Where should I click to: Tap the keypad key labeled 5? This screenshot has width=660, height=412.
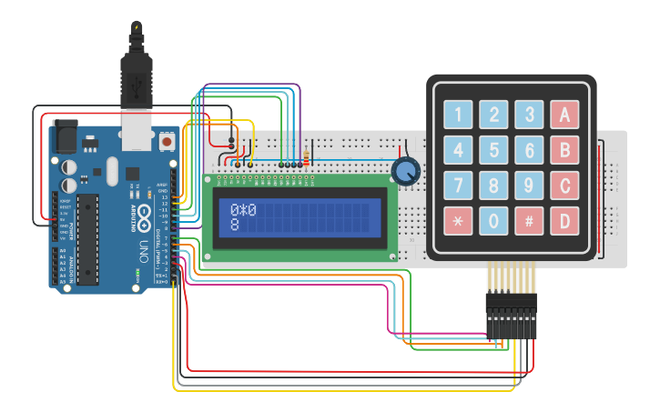[x=493, y=149]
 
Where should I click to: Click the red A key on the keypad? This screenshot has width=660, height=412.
[x=564, y=115]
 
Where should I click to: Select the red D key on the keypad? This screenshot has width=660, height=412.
[x=564, y=220]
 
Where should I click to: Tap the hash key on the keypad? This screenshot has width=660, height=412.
[x=529, y=220]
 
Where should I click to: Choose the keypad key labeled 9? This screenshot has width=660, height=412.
[x=529, y=185]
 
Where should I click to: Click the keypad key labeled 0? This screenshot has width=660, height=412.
[x=493, y=220]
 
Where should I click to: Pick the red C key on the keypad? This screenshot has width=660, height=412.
[x=564, y=185]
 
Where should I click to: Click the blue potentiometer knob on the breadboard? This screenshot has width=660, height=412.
[x=406, y=170]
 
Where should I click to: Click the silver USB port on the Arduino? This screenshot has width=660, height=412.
[x=137, y=131]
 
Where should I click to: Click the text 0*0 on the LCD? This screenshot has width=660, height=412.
[x=243, y=210]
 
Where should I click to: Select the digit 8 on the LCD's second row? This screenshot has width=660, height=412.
[x=235, y=224]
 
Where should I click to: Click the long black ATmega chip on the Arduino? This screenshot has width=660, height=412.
[x=87, y=238]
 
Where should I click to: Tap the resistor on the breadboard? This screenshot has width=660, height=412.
[x=306, y=157]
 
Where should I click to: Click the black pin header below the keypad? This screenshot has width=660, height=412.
[x=511, y=314]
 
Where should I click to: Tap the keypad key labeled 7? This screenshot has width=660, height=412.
[x=458, y=185]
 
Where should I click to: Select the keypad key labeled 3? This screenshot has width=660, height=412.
[x=529, y=115]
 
